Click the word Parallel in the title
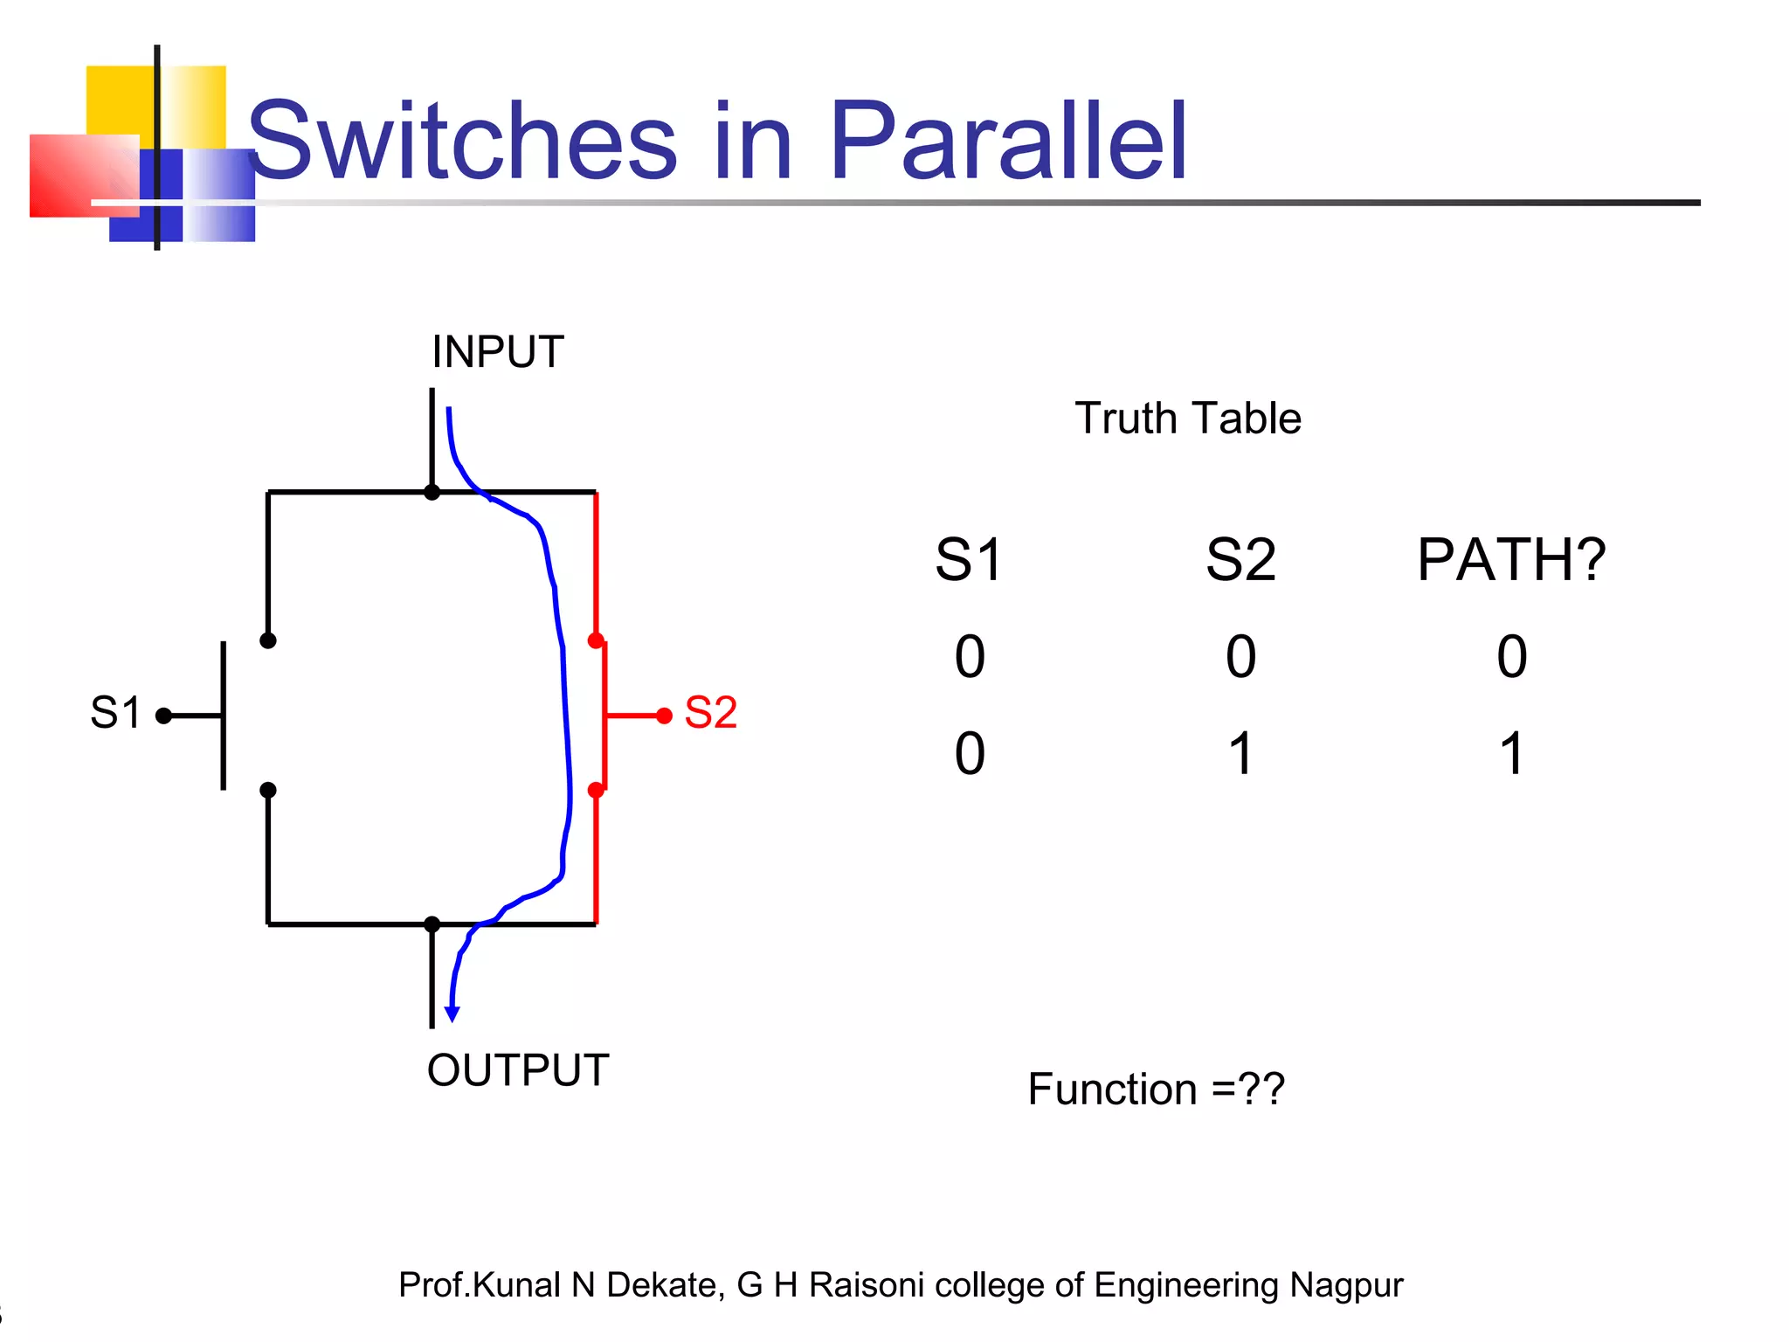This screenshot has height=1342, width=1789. coord(1008,142)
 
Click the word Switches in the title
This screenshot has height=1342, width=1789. coord(463,142)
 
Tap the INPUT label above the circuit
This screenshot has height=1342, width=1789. coord(498,353)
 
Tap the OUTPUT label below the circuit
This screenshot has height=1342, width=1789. coord(518,1070)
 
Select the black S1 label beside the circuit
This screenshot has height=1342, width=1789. coord(115,713)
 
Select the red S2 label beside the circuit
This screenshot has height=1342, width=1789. coord(710,713)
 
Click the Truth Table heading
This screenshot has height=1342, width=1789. coord(1188,419)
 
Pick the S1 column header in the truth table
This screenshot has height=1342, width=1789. coord(969,560)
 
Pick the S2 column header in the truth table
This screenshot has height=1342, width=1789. coord(1240,560)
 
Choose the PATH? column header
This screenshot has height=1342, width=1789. coord(1511,560)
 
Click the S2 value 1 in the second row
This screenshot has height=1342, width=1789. coord(1241,753)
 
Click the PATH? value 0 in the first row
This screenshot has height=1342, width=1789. coord(1512,657)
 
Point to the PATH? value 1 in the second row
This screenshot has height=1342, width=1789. coord(1512,753)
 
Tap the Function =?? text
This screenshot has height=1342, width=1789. coord(1156,1090)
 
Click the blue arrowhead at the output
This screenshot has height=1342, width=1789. coord(452,1013)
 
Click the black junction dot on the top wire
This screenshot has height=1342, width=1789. coord(432,493)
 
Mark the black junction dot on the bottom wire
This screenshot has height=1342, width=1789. coord(432,923)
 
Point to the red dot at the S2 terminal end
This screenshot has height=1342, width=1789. coord(664,716)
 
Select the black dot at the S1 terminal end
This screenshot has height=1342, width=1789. coord(163,716)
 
